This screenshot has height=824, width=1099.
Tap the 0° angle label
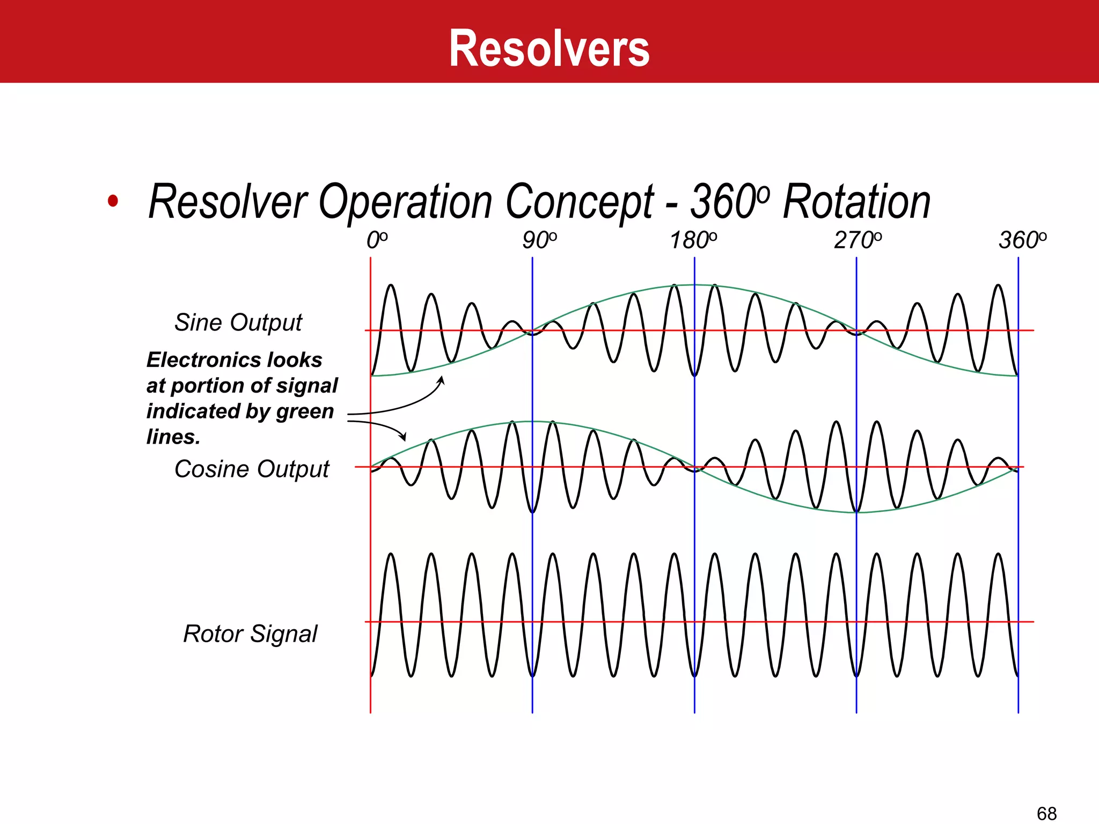pyautogui.click(x=377, y=240)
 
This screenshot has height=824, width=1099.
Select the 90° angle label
pyautogui.click(x=540, y=240)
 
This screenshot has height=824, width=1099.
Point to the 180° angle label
pyautogui.click(x=693, y=240)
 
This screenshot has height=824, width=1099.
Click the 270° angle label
pyautogui.click(x=858, y=240)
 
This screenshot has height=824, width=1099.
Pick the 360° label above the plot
pyautogui.click(x=1022, y=240)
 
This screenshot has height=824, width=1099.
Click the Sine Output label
pyautogui.click(x=238, y=323)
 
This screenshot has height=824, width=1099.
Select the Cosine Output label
pyautogui.click(x=251, y=469)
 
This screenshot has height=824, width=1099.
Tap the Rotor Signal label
pyautogui.click(x=250, y=634)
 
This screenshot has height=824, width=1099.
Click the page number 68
pyautogui.click(x=1046, y=813)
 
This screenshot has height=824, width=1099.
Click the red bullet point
pyautogui.click(x=113, y=201)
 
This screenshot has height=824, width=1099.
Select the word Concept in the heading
pyautogui.click(x=580, y=202)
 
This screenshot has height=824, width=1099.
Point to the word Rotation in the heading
pyautogui.click(x=856, y=202)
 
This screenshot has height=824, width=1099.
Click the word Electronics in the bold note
pyautogui.click(x=205, y=360)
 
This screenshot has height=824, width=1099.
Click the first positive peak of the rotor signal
pyautogui.click(x=391, y=554)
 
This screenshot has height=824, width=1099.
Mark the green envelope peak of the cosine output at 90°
pyautogui.click(x=532, y=422)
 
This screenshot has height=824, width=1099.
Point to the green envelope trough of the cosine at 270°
pyautogui.click(x=856, y=512)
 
